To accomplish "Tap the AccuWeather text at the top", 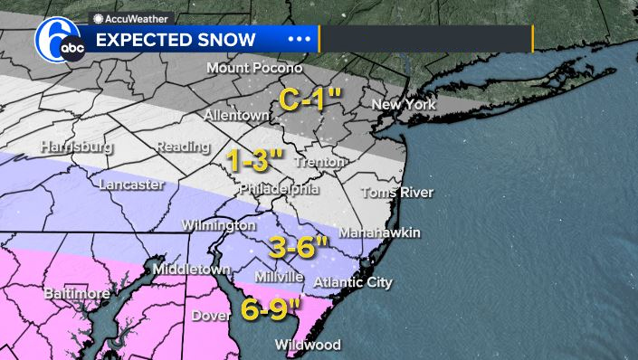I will tap(131, 18).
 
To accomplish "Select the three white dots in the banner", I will tap(299, 40).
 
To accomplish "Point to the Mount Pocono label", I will tap(252, 69).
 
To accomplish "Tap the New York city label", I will tap(404, 105).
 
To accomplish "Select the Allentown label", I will tap(237, 117).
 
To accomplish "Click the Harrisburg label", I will tap(77, 147).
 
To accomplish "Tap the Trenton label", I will tap(319, 162).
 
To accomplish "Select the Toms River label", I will tap(397, 192).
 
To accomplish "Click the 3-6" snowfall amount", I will tap(298, 246).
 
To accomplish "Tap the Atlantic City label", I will tap(353, 283).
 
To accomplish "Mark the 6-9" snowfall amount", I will tap(271, 309).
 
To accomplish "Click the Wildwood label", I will tap(309, 346).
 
